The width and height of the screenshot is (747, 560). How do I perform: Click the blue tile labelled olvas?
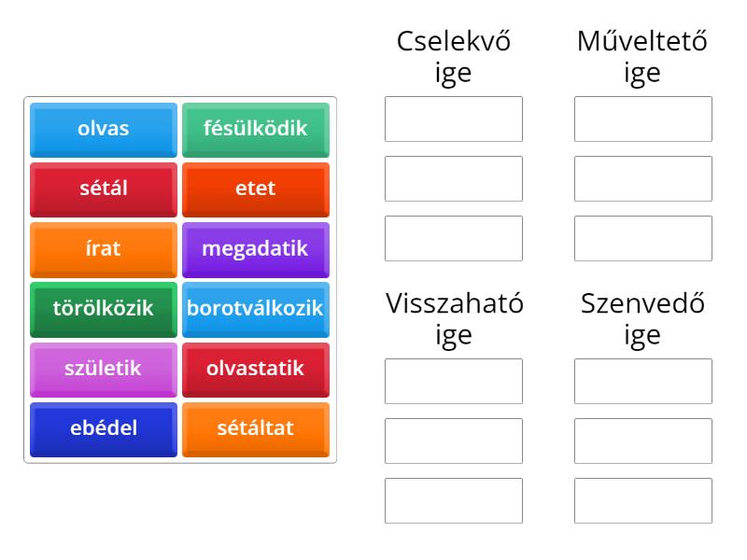(x=104, y=130)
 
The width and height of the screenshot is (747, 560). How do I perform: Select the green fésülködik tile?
(x=256, y=130)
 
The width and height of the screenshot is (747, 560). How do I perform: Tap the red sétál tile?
(x=104, y=189)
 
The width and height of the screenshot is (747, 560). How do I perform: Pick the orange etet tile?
(x=256, y=189)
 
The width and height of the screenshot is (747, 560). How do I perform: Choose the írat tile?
(x=104, y=250)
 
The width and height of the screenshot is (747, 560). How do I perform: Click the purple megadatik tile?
(x=256, y=250)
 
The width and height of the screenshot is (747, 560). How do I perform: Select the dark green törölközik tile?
(x=104, y=310)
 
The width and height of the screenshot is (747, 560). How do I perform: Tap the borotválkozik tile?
(x=256, y=310)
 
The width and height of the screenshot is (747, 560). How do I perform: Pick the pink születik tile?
(x=104, y=370)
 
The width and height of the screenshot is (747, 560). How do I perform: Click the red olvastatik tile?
(x=256, y=370)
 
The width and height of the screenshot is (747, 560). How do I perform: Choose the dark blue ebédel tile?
(x=104, y=429)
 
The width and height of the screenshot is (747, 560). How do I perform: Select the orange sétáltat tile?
(x=256, y=429)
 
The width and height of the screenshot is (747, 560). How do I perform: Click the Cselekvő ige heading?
(x=454, y=57)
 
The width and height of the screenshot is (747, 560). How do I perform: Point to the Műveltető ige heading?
(x=642, y=57)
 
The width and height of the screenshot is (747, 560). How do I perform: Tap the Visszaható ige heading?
(x=454, y=319)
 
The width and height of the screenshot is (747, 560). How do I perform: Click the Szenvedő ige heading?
(x=642, y=319)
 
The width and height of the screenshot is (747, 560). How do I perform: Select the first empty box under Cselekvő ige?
(x=454, y=119)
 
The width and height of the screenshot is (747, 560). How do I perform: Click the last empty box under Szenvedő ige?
(x=643, y=500)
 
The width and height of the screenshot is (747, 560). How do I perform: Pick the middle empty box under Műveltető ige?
(x=643, y=178)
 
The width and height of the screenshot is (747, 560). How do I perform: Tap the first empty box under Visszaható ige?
(x=454, y=381)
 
